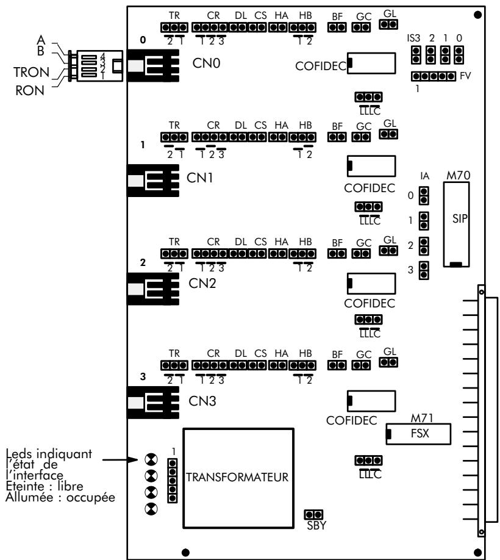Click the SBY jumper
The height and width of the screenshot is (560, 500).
coord(316,514)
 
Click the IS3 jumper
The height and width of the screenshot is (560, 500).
coord(416,56)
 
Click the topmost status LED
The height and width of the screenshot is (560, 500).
coord(150,459)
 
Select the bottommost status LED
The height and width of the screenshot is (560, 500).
coord(150,508)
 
